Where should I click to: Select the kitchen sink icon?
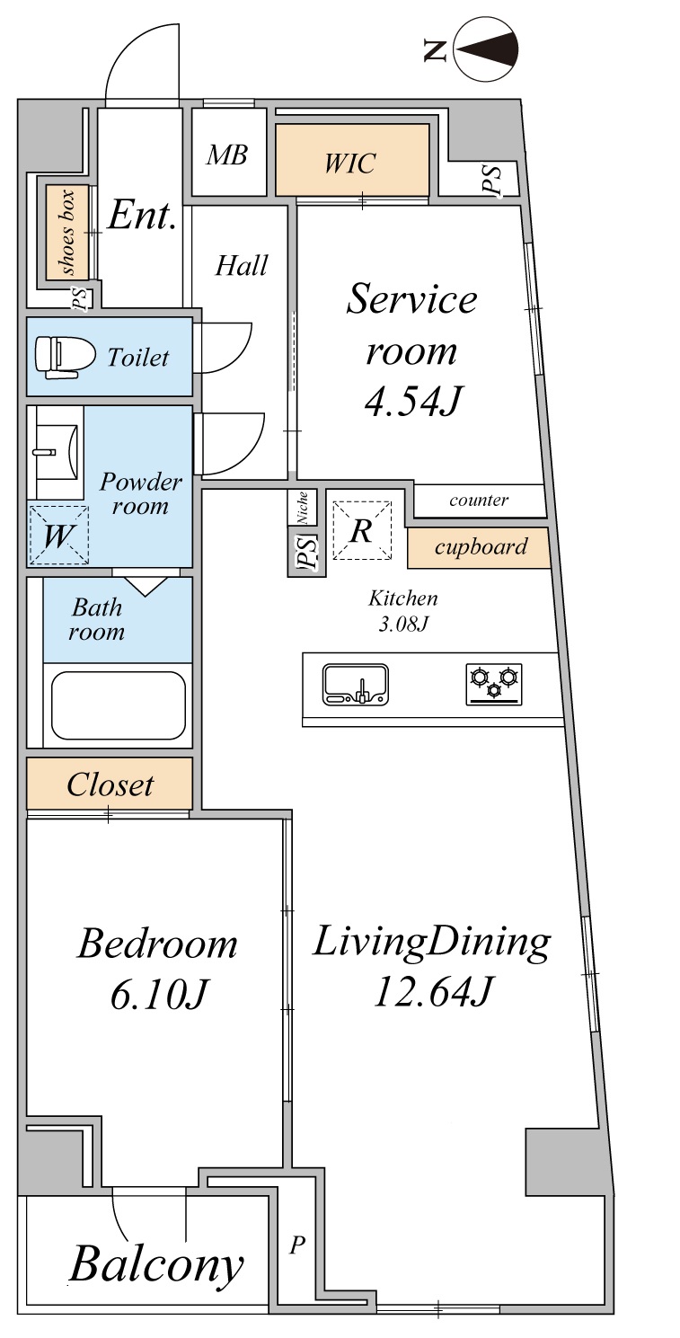pyautogui.click(x=355, y=684)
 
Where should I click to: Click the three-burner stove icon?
pyautogui.click(x=494, y=684)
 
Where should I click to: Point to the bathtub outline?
pyautogui.click(x=119, y=705)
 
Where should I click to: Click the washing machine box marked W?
pyautogui.click(x=58, y=536)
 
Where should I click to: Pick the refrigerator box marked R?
pyautogui.click(x=362, y=530)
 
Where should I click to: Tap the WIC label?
pyautogui.click(x=350, y=163)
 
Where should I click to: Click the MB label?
pyautogui.click(x=227, y=155)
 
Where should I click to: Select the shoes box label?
pyautogui.click(x=66, y=233)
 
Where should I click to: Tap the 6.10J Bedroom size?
pyautogui.click(x=158, y=996)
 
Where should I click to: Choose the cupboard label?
pyautogui.click(x=481, y=546)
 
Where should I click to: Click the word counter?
pyautogui.click(x=479, y=500)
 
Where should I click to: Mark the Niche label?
pyautogui.click(x=303, y=508)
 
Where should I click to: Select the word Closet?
pyautogui.click(x=110, y=784)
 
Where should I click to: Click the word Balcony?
pyautogui.click(x=157, y=1264)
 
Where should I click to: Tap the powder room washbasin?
pyautogui.click(x=55, y=452)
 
